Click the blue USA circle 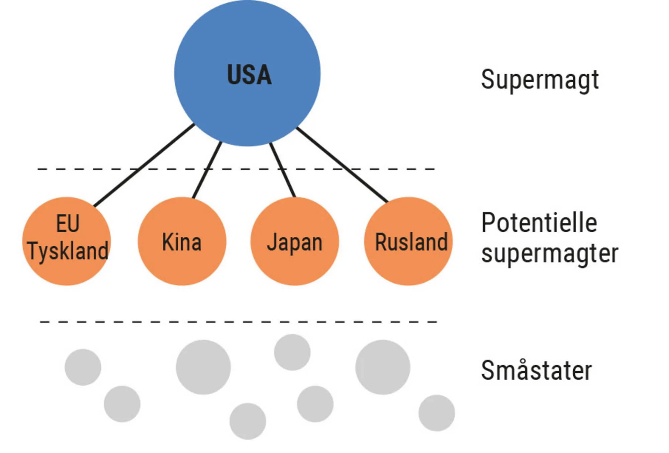(x=247, y=73)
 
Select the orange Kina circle (x=182, y=241)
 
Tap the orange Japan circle (x=294, y=241)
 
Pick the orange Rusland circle (x=408, y=241)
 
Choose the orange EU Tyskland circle (x=67, y=241)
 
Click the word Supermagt (x=540, y=80)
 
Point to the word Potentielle (x=539, y=223)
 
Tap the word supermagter (x=550, y=254)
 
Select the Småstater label (x=536, y=370)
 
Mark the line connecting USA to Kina (x=207, y=170)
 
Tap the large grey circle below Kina (x=203, y=367)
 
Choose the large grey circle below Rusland (x=383, y=367)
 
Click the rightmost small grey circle (x=437, y=413)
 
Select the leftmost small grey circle (x=83, y=367)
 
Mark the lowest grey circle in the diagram (x=248, y=421)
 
